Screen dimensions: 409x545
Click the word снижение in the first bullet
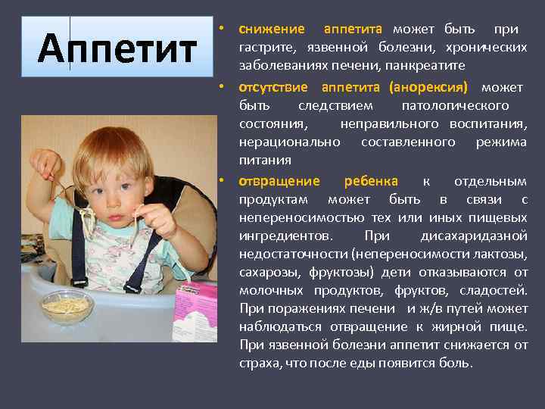point(272,30)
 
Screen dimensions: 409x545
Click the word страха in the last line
point(257,364)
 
